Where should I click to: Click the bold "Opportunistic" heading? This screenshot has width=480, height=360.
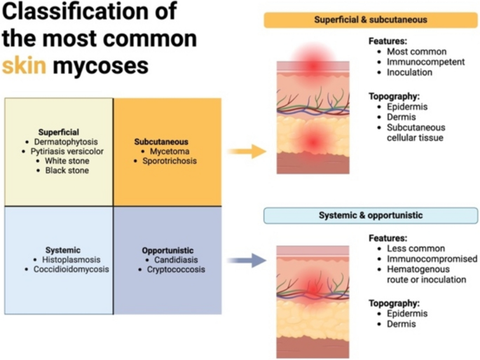(x=167, y=250)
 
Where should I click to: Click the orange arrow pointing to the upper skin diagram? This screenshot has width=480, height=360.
(x=247, y=151)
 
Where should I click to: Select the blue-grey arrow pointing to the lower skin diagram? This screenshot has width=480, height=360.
(x=247, y=260)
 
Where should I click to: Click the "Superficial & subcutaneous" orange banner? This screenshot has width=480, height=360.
(x=371, y=20)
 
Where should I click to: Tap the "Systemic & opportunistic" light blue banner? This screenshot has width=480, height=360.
(x=371, y=215)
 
